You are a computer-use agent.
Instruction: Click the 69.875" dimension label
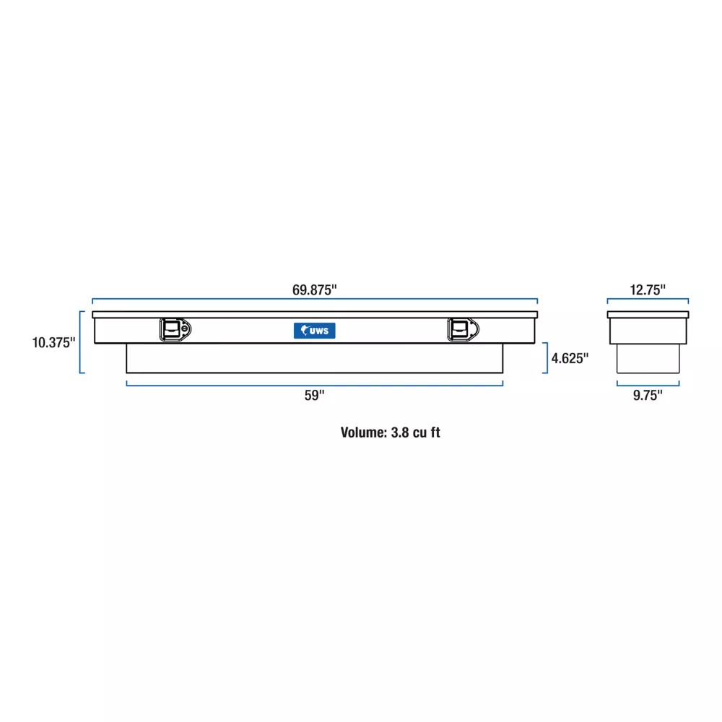pyautogui.click(x=315, y=290)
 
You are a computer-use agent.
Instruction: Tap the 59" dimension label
pyautogui.click(x=315, y=395)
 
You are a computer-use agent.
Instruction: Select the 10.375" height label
pyautogui.click(x=53, y=342)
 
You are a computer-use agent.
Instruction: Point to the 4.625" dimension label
pyautogui.click(x=570, y=358)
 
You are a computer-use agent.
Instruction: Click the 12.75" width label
pyautogui.click(x=648, y=290)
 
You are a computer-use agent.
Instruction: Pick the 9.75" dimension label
pyautogui.click(x=648, y=395)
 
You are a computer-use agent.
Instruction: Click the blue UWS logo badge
pyautogui.click(x=315, y=331)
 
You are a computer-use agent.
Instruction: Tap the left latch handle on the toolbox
pyautogui.click(x=175, y=329)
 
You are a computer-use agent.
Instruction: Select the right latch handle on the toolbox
pyautogui.click(x=464, y=329)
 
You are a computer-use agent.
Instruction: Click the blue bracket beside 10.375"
pyautogui.click(x=80, y=342)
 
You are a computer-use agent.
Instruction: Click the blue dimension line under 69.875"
pyautogui.click(x=315, y=299)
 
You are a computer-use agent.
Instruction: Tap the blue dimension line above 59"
pyautogui.click(x=315, y=386)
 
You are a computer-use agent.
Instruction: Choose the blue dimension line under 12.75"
pyautogui.click(x=648, y=299)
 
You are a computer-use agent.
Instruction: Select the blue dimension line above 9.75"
pyautogui.click(x=648, y=386)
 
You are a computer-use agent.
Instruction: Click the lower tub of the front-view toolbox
pyautogui.click(x=315, y=358)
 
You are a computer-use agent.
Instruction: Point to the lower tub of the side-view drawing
pyautogui.click(x=648, y=359)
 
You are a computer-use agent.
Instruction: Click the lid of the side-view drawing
pyautogui.click(x=648, y=315)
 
